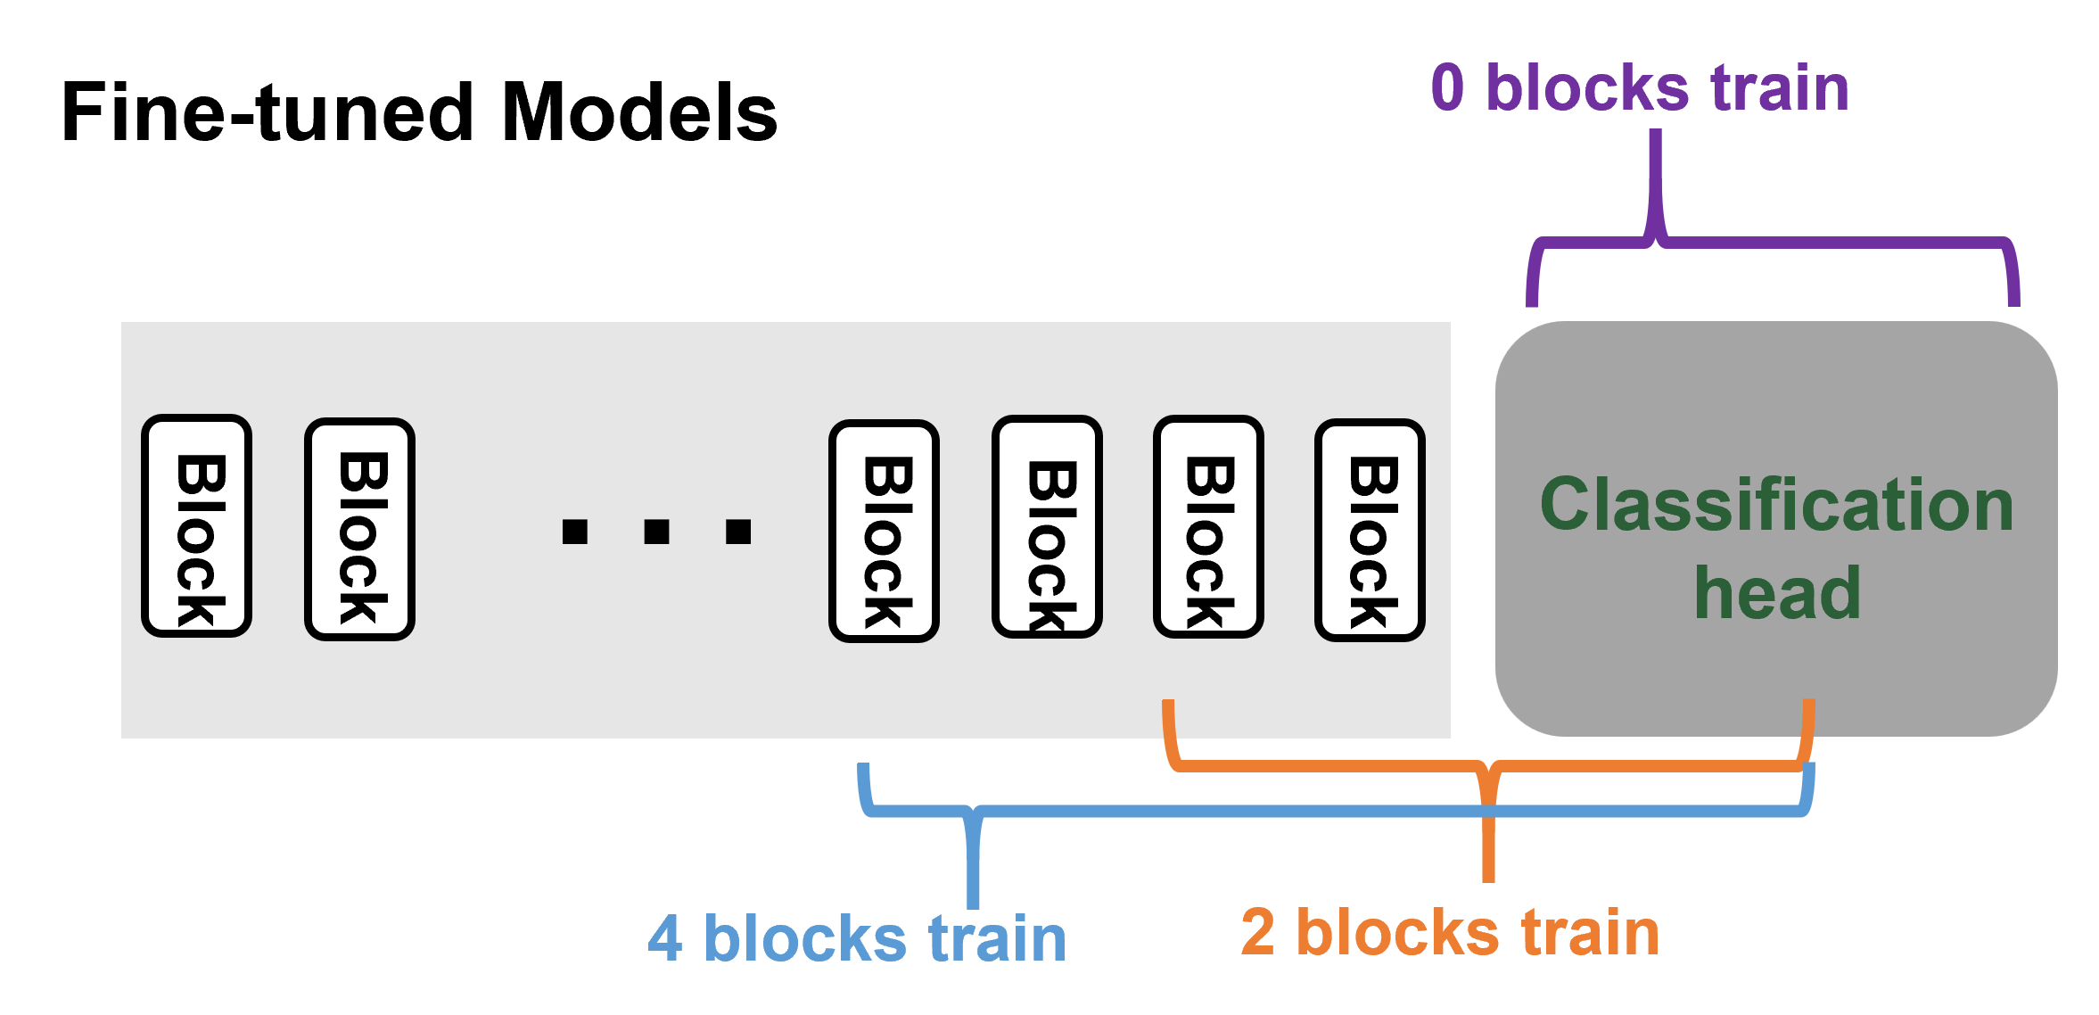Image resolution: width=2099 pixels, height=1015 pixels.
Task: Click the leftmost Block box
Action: tap(196, 526)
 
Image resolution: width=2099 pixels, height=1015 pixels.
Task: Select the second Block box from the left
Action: tap(359, 529)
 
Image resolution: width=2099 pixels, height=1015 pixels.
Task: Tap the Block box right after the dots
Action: tap(884, 531)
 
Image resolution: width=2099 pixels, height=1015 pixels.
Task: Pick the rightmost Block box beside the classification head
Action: tap(1370, 530)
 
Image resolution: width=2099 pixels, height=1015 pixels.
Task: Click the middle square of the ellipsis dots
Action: tap(656, 532)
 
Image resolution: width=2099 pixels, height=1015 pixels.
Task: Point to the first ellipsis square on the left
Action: tap(575, 532)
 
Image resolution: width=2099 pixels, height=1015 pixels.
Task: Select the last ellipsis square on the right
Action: tap(738, 532)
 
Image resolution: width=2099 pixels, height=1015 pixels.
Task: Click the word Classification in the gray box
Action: tap(1776, 505)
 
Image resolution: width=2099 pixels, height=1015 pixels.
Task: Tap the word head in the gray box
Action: tap(1776, 593)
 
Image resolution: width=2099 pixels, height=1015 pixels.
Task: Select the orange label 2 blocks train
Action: tap(1450, 933)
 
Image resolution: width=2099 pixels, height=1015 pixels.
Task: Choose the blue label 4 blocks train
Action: tap(857, 939)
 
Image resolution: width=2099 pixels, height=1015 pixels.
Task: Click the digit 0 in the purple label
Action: tap(1447, 88)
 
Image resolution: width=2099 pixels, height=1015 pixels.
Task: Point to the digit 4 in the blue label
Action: tap(665, 939)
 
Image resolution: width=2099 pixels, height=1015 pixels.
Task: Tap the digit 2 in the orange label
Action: tap(1257, 933)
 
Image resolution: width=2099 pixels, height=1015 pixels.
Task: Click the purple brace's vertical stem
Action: tap(1655, 178)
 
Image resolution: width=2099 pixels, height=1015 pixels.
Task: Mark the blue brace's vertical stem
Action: tap(973, 865)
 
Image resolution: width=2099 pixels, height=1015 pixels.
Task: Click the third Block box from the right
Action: tap(1047, 527)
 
